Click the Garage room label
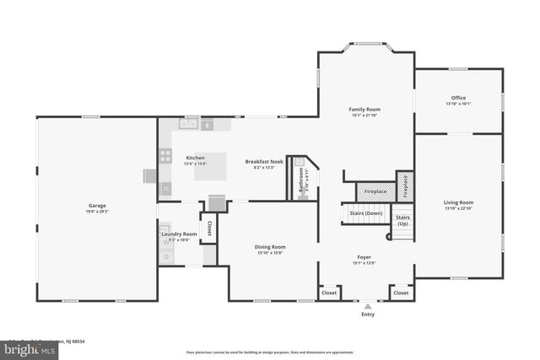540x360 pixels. [97, 205]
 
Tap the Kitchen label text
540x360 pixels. [195, 158]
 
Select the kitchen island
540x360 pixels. [211, 165]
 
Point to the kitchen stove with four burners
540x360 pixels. [166, 156]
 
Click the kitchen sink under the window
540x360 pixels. [187, 124]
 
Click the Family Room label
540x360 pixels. [366, 110]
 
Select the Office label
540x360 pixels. [458, 99]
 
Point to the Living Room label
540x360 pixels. [458, 202]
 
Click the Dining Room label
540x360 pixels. [270, 247]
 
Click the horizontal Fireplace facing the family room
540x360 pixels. [375, 192]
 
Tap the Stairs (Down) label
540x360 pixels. [366, 213]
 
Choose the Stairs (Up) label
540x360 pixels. [402, 220]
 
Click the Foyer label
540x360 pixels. [364, 256]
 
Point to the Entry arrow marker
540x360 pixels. [366, 307]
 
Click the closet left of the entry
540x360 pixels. [328, 293]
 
